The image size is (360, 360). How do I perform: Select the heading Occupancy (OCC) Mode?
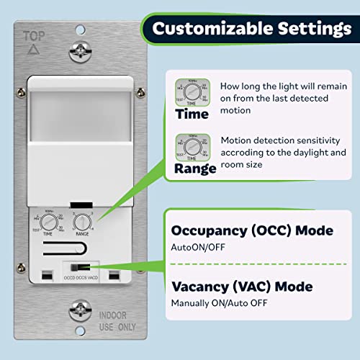[x=252, y=230]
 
